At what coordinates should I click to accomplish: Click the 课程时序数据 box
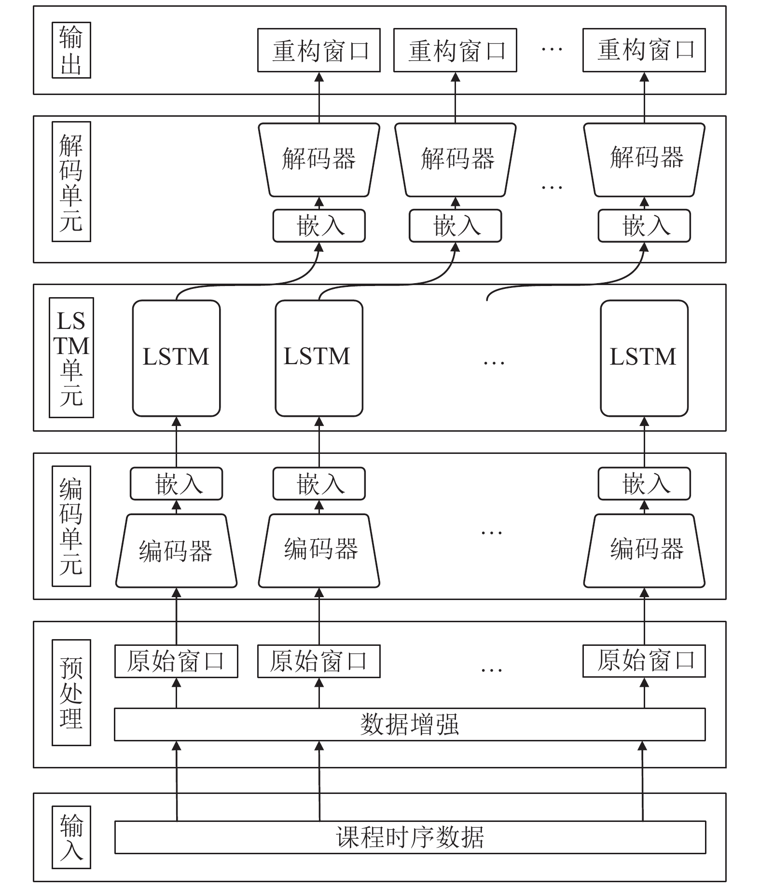pos(410,837)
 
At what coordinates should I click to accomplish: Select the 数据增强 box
pos(410,724)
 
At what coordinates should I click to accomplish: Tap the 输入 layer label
pos(71,838)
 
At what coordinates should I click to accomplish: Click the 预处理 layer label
pos(71,693)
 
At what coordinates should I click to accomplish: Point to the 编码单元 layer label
pos(71,526)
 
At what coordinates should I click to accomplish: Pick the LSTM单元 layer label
pos(71,357)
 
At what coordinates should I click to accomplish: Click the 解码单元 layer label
pos(71,181)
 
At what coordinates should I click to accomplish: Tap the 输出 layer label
pos(71,50)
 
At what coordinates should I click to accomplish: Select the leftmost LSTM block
pos(177,358)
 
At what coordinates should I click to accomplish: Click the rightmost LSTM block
pos(644,358)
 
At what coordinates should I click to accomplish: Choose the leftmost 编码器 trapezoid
pos(177,551)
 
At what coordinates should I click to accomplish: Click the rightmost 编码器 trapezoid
pos(645,551)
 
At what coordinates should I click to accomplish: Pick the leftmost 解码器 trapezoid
pos(319,160)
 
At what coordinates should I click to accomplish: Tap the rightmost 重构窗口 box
pos(644,50)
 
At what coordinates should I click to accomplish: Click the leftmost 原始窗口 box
pos(176,661)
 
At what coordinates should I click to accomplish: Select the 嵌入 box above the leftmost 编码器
pos(177,484)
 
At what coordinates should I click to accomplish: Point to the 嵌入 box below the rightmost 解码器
pos(644,226)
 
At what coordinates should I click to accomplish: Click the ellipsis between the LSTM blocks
pos(494,362)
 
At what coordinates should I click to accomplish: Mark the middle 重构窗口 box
pos(455,50)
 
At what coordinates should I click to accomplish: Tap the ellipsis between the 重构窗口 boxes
pos(552,49)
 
